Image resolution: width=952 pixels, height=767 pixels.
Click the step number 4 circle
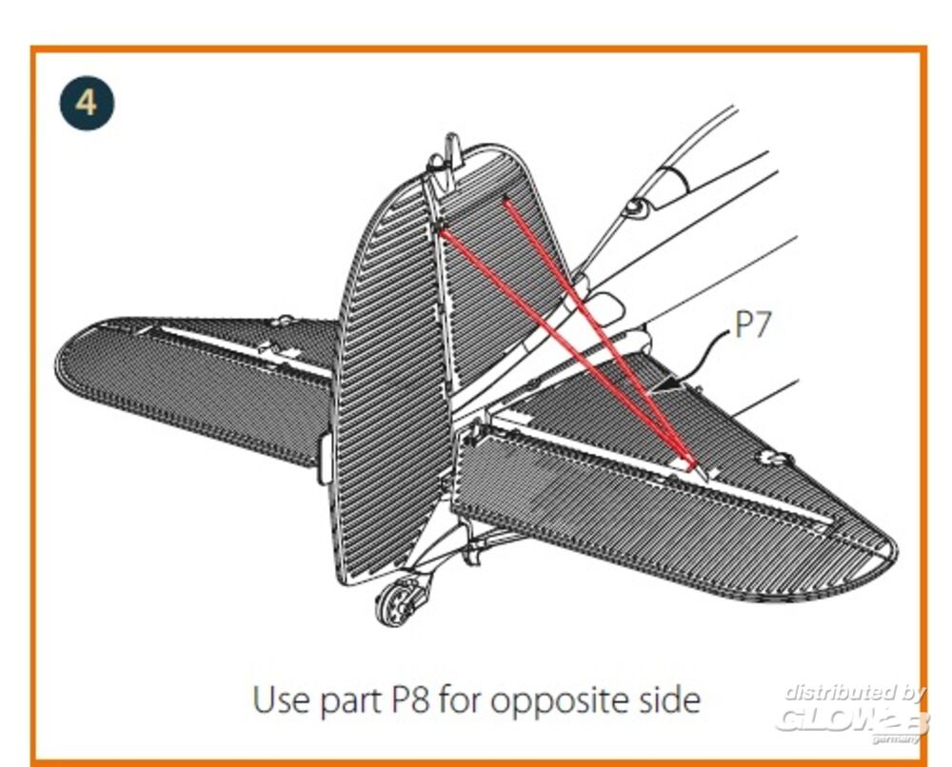click(87, 101)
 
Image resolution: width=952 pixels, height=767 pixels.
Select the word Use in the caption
click(282, 700)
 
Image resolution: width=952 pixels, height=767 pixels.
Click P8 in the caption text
click(411, 700)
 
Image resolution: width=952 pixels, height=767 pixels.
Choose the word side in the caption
click(666, 700)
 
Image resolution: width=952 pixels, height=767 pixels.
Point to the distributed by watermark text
click(853, 692)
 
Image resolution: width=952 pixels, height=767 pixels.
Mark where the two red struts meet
click(692, 464)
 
